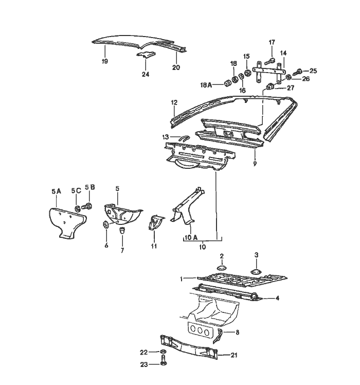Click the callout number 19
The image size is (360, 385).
tap(104, 61)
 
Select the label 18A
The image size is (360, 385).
tap(207, 84)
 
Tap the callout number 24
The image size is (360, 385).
tap(146, 74)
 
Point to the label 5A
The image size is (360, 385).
tap(57, 191)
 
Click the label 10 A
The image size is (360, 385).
tap(191, 238)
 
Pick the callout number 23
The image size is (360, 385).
tap(145, 364)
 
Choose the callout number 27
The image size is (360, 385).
tap(291, 88)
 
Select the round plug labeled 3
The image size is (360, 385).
tap(256, 271)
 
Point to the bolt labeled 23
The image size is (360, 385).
tap(163, 363)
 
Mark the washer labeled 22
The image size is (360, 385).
tap(163, 353)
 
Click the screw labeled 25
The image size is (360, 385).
tap(298, 72)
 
